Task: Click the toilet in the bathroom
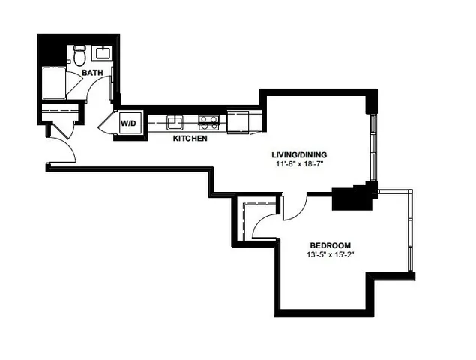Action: [x=79, y=55]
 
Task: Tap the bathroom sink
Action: [x=101, y=52]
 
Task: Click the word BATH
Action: [x=93, y=73]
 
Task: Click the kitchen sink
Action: [x=175, y=122]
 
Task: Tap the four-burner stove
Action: [x=208, y=121]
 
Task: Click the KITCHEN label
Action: [x=190, y=139]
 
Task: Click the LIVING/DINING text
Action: [x=299, y=155]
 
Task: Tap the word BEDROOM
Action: [x=331, y=245]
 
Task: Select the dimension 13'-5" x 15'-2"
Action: [x=331, y=255]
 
